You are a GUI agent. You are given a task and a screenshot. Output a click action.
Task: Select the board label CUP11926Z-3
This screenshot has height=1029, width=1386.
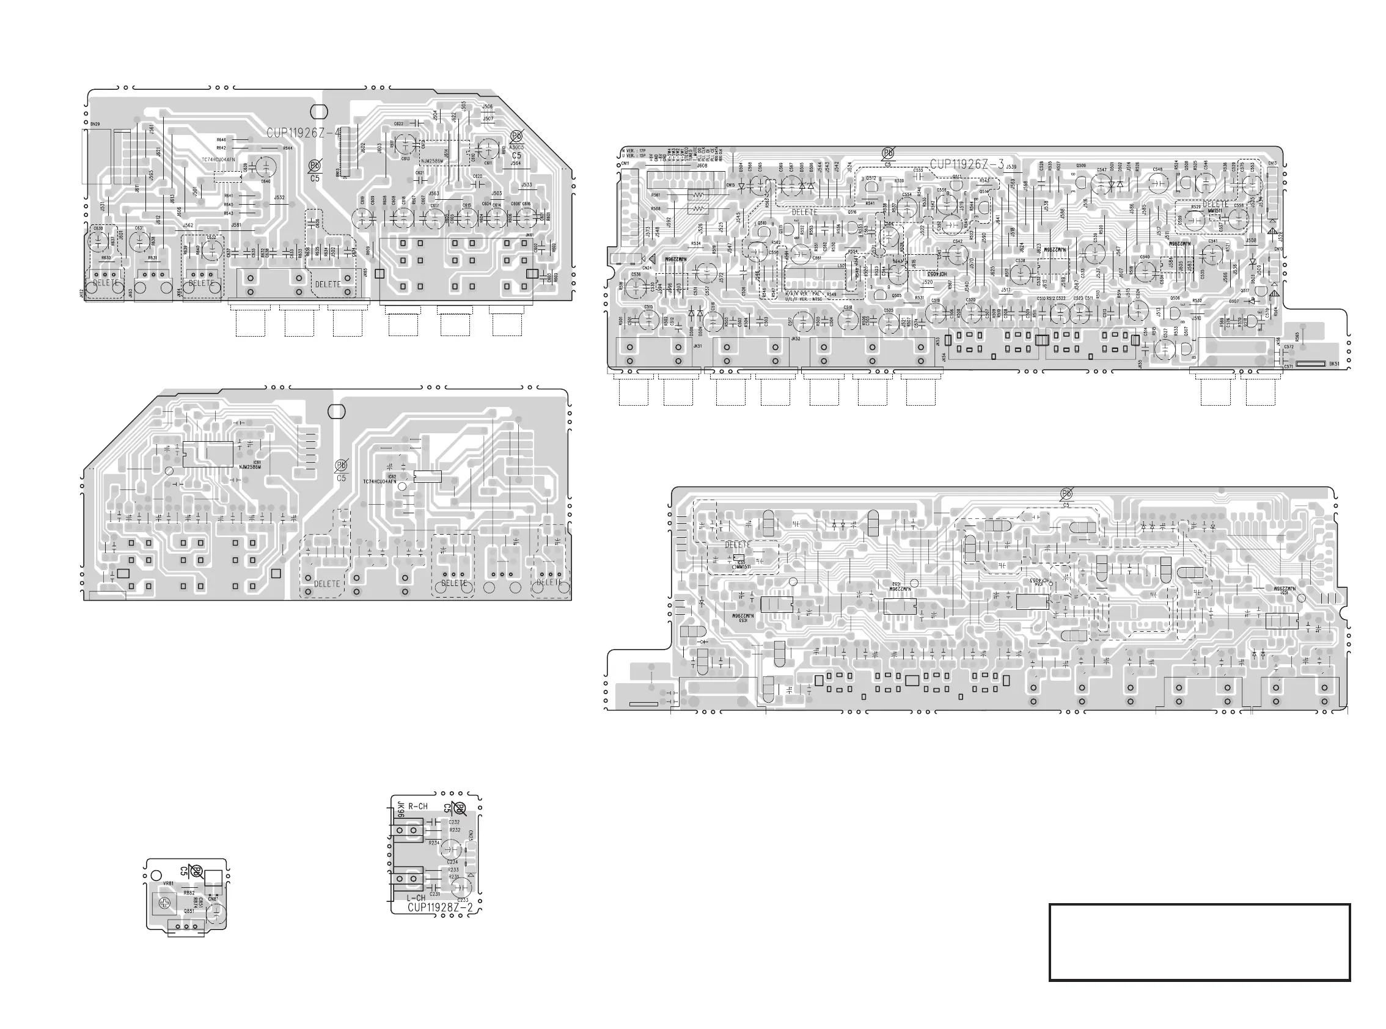point(967,164)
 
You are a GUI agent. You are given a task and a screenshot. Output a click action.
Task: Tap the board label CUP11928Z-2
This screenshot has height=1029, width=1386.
point(441,907)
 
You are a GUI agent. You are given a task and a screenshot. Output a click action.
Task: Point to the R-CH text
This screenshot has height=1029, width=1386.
point(418,806)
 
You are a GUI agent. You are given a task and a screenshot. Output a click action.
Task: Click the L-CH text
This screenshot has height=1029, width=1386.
point(416,898)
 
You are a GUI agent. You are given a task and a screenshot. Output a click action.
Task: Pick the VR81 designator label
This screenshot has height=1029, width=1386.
point(168,883)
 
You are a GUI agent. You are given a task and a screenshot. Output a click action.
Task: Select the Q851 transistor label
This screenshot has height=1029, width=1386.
point(188,910)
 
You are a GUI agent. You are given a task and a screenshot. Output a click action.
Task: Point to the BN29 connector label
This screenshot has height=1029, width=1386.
point(95,125)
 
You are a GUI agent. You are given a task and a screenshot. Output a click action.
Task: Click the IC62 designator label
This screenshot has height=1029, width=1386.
point(392,477)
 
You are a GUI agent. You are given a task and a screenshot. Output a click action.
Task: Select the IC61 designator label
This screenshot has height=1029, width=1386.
point(257,462)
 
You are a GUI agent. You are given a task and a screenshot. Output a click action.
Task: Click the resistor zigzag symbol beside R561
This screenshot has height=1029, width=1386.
point(698,195)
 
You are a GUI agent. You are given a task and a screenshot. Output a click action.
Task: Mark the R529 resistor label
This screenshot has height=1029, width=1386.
point(1195,207)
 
